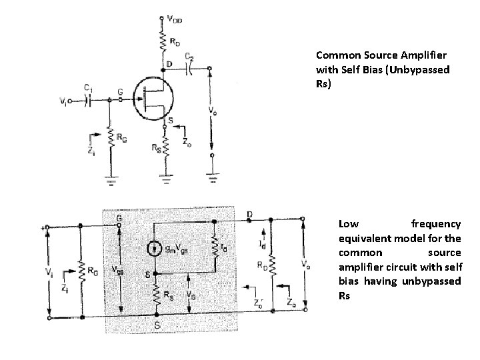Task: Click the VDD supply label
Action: [x=175, y=19]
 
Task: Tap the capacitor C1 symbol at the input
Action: [x=88, y=101]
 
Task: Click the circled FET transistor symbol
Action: [x=151, y=100]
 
